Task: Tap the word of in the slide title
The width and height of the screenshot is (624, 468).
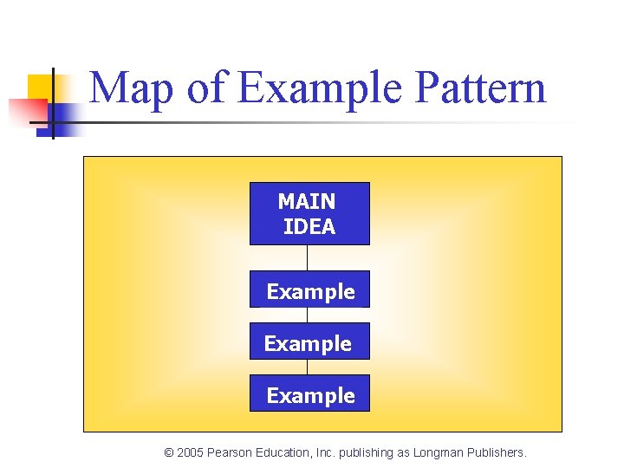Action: point(205,88)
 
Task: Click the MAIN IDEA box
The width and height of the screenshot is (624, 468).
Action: point(309,213)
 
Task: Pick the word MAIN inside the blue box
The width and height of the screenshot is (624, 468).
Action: point(307,202)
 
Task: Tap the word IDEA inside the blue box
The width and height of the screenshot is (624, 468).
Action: point(309,227)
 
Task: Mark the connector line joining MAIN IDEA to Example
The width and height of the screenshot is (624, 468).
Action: point(307,257)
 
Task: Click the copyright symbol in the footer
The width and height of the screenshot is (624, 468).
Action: point(169,452)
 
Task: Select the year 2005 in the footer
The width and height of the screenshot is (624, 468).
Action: point(191,452)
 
